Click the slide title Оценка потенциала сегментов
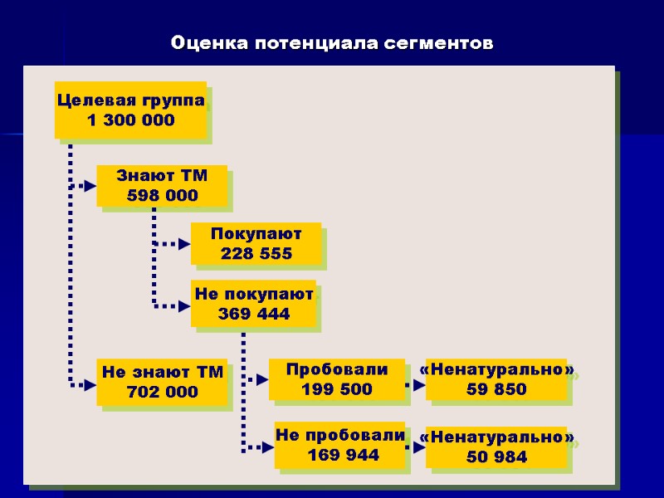pyautogui.click(x=332, y=42)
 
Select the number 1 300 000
pyautogui.click(x=131, y=120)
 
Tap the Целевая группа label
pyautogui.click(x=131, y=100)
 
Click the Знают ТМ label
pyautogui.click(x=162, y=176)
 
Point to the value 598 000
pyautogui.click(x=162, y=196)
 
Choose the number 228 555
pyautogui.click(x=256, y=254)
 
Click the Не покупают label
pyautogui.click(x=254, y=294)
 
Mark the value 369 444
pyautogui.click(x=254, y=314)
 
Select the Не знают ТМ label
pyautogui.click(x=163, y=373)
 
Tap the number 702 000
pyautogui.click(x=163, y=392)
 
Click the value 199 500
pyautogui.click(x=337, y=388)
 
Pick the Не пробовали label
pyautogui.click(x=340, y=435)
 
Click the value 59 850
pyautogui.click(x=497, y=389)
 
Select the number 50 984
pyautogui.click(x=497, y=457)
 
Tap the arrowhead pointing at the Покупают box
pyautogui.click(x=184, y=244)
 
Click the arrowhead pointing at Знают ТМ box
pyautogui.click(x=90, y=186)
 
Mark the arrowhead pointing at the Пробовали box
pyautogui.click(x=262, y=379)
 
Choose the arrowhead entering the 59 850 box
pyautogui.click(x=419, y=384)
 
